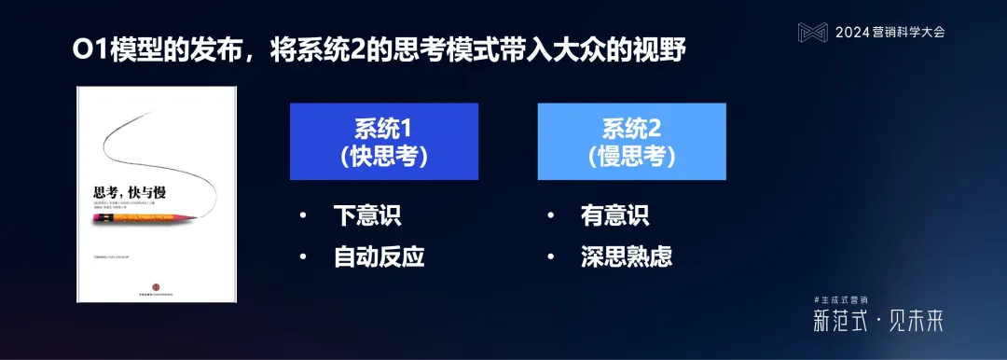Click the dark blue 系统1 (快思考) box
point(383,141)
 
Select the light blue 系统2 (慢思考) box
point(631,141)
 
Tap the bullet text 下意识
point(366,215)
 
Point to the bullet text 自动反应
point(379,256)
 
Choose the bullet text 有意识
point(614,215)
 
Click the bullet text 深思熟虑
point(626,256)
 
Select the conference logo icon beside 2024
point(812,32)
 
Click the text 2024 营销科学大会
point(890,32)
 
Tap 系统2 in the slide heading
point(374,50)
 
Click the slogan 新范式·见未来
point(877,322)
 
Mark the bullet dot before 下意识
point(302,216)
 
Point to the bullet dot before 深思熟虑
point(550,256)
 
